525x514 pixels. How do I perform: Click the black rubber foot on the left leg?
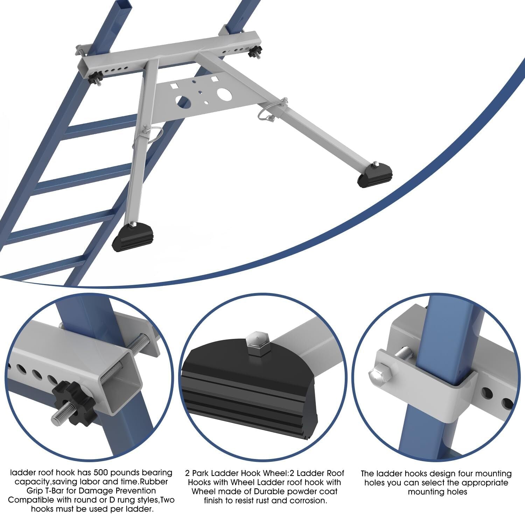pyautogui.click(x=132, y=239)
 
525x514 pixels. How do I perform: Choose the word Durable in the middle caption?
pyautogui.click(x=262, y=492)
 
